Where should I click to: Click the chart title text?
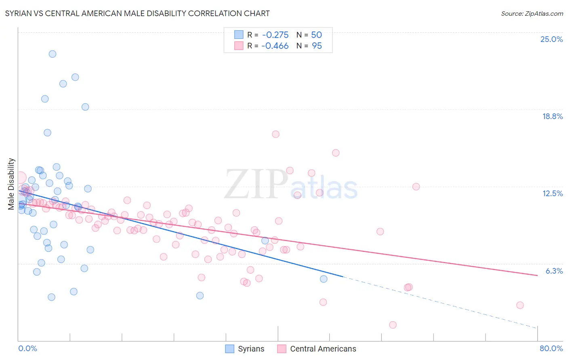point(137,13)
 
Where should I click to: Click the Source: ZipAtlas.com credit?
point(532,13)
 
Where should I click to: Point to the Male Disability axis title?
point(11,184)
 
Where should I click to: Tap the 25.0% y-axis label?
point(551,39)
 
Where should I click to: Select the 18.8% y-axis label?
point(552,116)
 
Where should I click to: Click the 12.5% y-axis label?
point(552,193)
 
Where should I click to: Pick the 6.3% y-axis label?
point(554,271)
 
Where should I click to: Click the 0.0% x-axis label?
point(27,348)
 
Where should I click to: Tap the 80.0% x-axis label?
point(551,348)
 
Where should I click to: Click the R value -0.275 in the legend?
point(275,35)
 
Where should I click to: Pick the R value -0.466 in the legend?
point(275,46)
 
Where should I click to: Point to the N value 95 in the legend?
point(317,46)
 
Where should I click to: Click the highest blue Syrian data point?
point(53,54)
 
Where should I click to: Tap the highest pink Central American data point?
point(276,134)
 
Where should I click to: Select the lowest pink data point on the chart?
point(393,325)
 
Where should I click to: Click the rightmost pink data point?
point(520,305)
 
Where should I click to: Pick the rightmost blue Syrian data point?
point(324,279)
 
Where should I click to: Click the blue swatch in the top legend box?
point(239,35)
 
